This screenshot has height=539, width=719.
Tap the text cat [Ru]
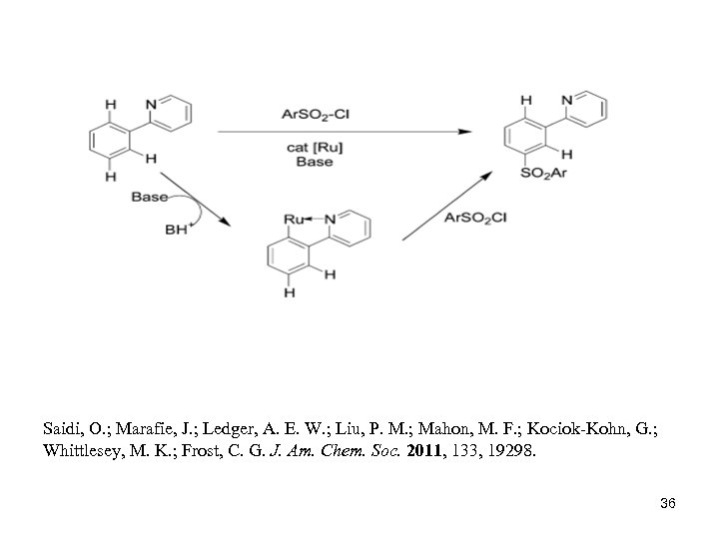(x=315, y=147)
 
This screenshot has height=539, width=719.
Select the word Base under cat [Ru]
(x=315, y=162)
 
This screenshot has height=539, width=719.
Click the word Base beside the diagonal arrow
(x=150, y=197)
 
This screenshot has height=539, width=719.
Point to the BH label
(x=176, y=230)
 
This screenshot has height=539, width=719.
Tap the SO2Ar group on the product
(x=544, y=174)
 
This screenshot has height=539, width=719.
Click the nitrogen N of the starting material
(x=150, y=103)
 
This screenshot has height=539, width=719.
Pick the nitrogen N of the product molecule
(x=567, y=100)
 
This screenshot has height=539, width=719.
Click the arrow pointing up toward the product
(x=446, y=204)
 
